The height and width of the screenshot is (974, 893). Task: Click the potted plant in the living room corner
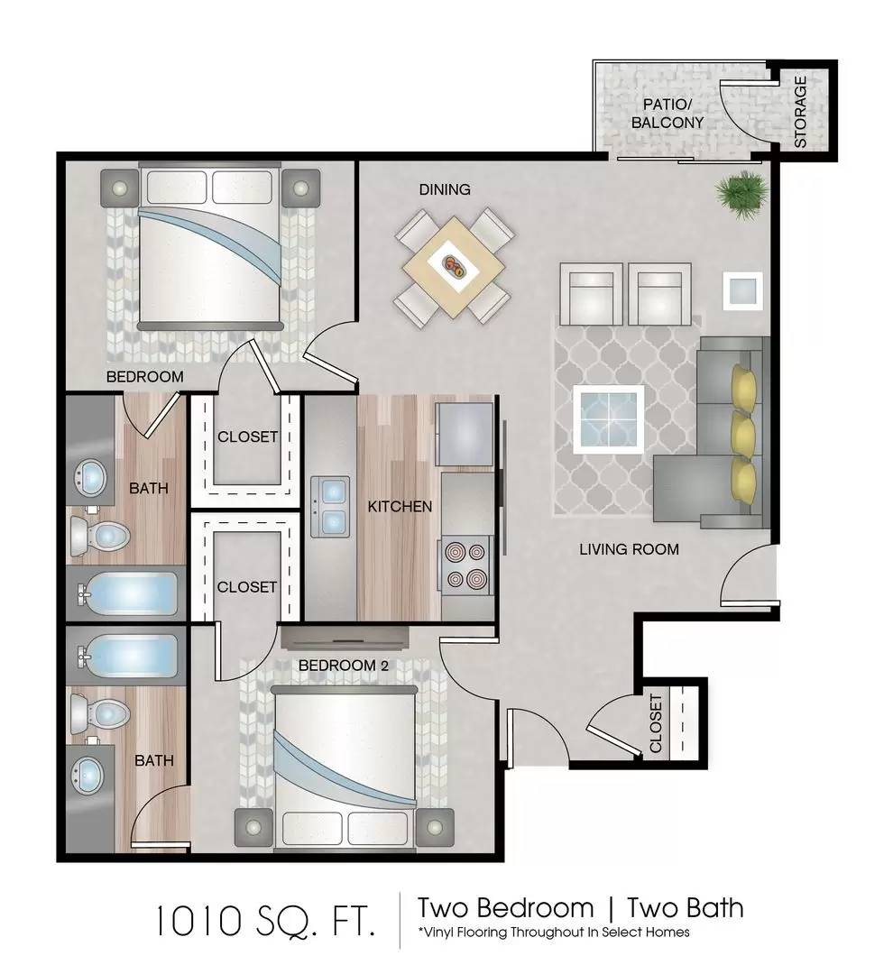pos(741,195)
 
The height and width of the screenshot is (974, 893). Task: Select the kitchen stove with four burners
pos(465,565)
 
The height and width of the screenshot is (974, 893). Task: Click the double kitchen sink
pos(329,506)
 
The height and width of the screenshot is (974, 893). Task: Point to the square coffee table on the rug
pos(608,419)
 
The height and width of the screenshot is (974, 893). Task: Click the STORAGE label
pos(800,112)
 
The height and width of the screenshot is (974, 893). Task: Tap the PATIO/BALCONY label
pos(667,114)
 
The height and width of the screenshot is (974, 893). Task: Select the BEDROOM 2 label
pos(344,666)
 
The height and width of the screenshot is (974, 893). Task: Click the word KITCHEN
pos(400,507)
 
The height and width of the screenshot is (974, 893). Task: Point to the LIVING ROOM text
pos(629,549)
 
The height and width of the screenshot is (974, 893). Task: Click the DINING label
pos(445,189)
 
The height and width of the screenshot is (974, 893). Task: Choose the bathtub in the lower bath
pos(128,656)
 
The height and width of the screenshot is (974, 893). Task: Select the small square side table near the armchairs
pos(742,290)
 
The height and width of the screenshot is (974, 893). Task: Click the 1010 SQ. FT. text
pos(265,921)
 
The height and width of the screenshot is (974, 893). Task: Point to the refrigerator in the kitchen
pos(465,434)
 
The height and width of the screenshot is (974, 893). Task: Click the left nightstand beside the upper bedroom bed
pos(119,187)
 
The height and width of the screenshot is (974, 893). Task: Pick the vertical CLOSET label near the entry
pos(656,723)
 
